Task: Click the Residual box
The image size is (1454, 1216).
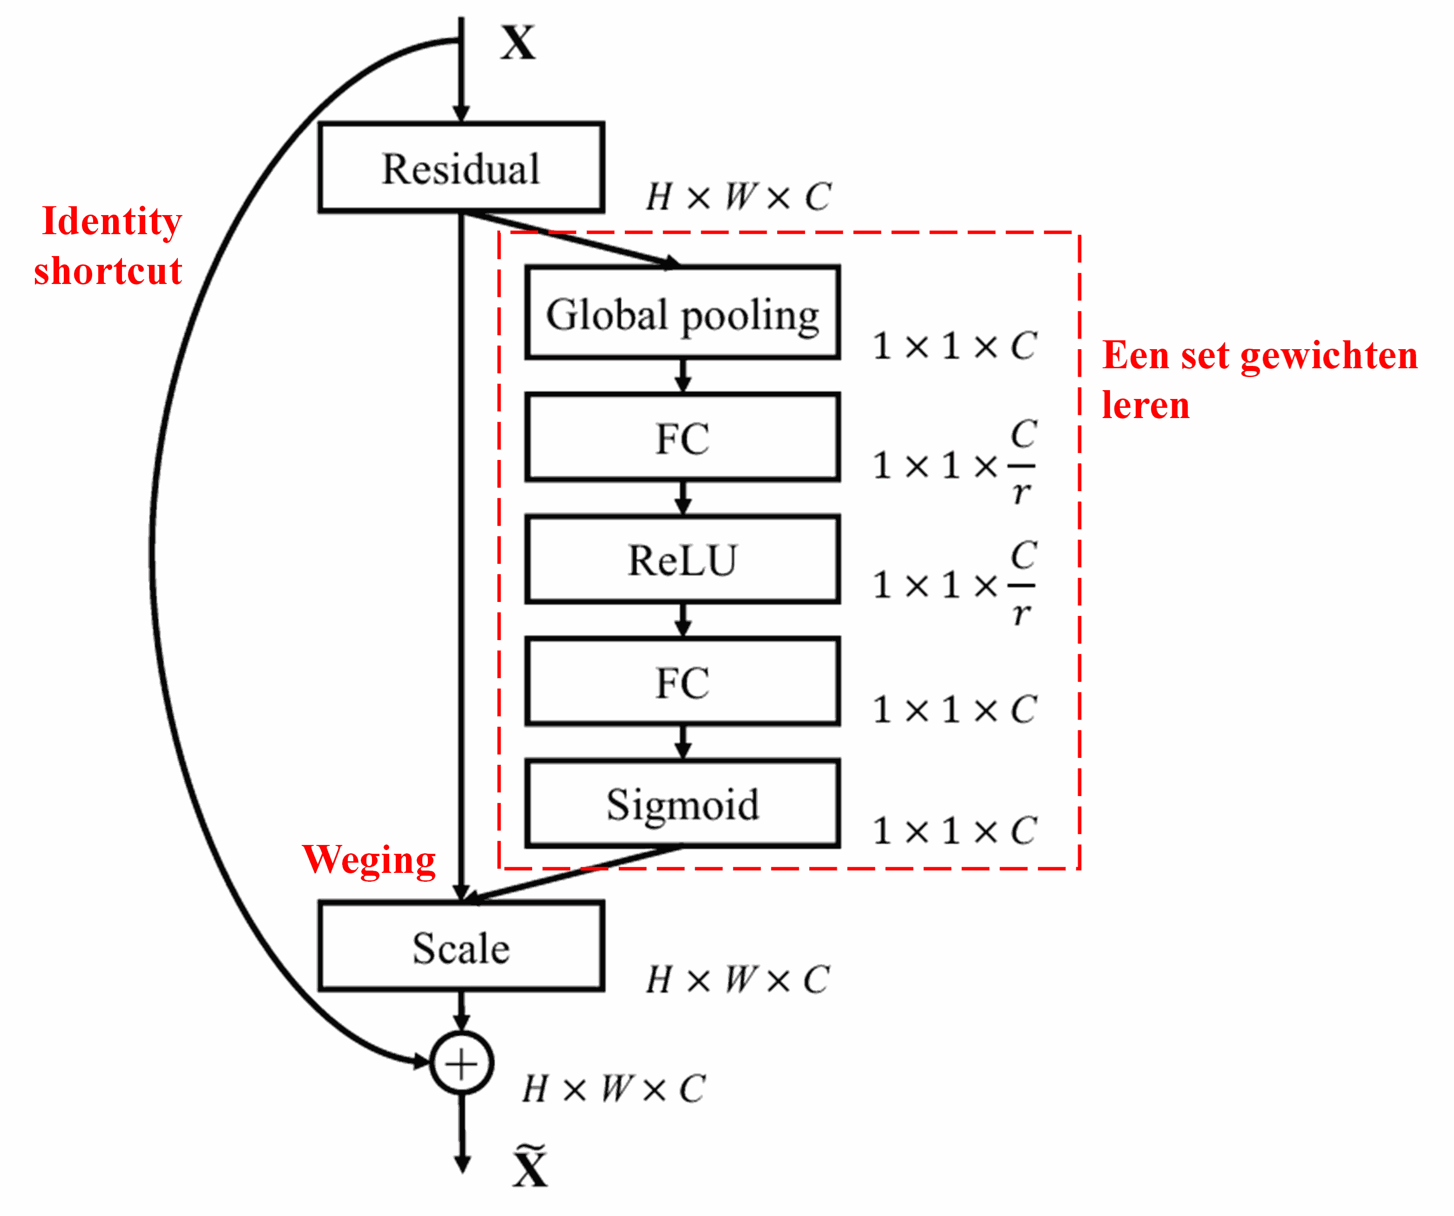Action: coord(461,168)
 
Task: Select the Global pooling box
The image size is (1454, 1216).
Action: coord(682,312)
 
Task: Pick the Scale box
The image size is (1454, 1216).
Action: coord(461,946)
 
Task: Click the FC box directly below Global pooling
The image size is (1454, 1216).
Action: coord(682,437)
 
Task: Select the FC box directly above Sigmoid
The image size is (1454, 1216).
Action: coord(682,682)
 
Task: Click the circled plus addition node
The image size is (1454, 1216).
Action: coord(461,1063)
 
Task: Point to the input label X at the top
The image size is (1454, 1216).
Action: coord(518,43)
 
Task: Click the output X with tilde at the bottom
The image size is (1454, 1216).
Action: coord(530,1168)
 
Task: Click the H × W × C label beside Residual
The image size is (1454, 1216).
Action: coord(738,196)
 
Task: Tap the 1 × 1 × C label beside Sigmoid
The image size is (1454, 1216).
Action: coord(954,830)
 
